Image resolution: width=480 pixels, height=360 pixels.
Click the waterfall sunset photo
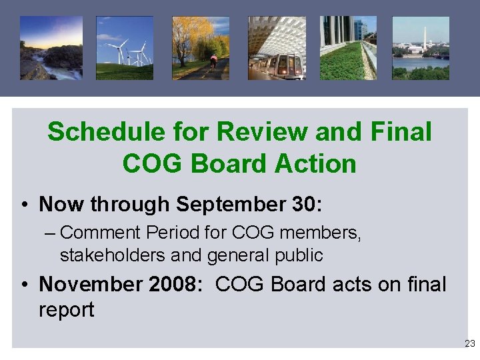tap(51, 48)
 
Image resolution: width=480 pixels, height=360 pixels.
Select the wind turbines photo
tap(125, 48)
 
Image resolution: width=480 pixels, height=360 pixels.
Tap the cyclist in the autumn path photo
tap(214, 62)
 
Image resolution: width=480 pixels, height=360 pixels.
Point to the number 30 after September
tap(303, 204)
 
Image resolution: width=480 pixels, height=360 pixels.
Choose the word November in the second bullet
tap(86, 284)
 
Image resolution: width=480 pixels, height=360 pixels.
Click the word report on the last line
tap(67, 309)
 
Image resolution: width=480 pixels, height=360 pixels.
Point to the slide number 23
tap(470, 343)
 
